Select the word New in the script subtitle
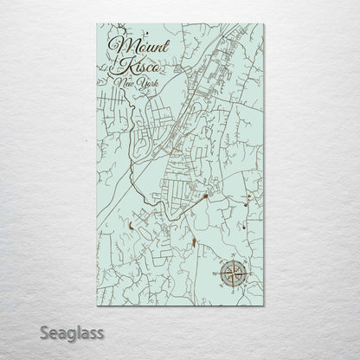click(114, 81)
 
